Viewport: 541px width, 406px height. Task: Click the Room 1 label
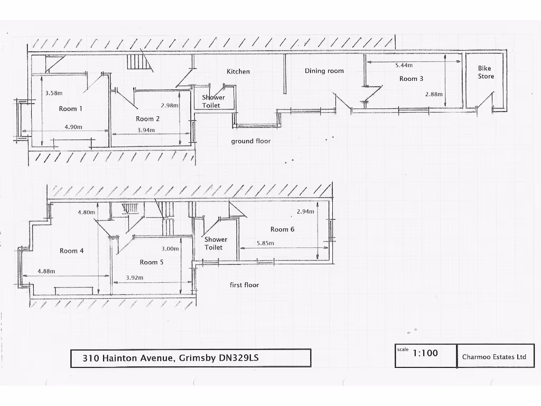click(70, 109)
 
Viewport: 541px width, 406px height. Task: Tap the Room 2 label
click(147, 119)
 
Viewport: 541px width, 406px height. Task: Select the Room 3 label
click(411, 79)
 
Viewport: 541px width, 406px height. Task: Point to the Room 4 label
click(71, 251)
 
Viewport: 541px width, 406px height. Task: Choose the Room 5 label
click(152, 262)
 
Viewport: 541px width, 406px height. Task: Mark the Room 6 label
click(282, 229)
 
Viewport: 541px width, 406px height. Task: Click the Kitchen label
click(238, 71)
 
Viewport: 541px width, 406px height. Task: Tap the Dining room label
click(324, 71)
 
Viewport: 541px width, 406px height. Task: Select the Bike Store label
click(486, 72)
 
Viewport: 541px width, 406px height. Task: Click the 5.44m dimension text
click(404, 65)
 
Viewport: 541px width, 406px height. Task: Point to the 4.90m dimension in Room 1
click(73, 127)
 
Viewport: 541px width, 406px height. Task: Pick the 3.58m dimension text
click(53, 93)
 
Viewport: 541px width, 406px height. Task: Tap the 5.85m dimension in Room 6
click(265, 243)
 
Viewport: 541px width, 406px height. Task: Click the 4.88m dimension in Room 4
click(46, 271)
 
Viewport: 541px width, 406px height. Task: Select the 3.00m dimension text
click(170, 249)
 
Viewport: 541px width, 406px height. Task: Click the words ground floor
click(250, 141)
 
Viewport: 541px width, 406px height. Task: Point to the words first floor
click(244, 285)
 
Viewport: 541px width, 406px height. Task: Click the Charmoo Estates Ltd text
click(494, 357)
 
